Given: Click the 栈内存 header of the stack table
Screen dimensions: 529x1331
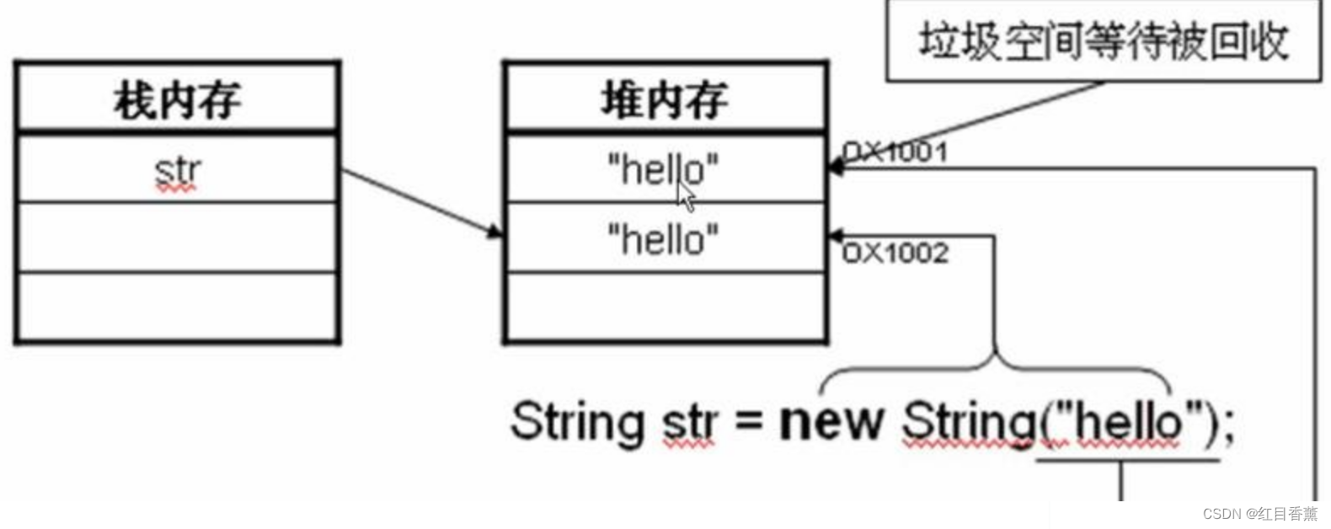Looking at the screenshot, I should coord(177,99).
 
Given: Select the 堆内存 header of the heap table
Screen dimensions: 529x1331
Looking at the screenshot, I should coord(665,99).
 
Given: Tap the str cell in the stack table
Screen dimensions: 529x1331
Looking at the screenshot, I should coord(177,171).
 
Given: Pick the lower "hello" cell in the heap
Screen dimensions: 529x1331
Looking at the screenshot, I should coord(663,239).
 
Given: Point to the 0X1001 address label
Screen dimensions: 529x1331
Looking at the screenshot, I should coord(895,152).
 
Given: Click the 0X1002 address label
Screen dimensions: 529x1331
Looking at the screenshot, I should coord(895,253).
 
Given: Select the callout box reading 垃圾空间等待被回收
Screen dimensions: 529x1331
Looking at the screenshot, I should coord(1103,41).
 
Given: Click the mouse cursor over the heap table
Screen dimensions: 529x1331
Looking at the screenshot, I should coord(687,197).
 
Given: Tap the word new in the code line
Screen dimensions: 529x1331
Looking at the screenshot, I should coord(831,420).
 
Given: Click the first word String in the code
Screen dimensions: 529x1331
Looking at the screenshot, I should coord(577,420).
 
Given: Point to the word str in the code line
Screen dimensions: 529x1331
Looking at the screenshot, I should coord(690,422).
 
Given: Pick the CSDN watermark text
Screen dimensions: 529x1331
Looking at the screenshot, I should coord(1259,514).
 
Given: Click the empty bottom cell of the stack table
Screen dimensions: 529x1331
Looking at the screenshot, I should coord(177,307).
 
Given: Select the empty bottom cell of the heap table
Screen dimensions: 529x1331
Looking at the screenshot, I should coord(665,307).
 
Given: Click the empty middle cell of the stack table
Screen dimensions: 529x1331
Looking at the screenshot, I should coord(177,237).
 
